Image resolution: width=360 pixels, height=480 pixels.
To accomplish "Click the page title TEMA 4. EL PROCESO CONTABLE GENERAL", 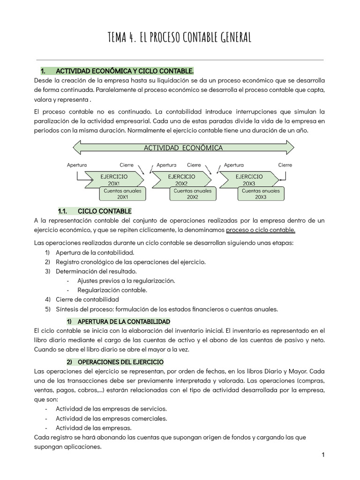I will (180, 37).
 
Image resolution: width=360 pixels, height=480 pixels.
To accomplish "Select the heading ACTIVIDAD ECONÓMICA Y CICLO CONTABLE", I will (124, 71).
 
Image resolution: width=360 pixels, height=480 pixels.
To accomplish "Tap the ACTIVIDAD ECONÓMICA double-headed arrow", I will (183, 148).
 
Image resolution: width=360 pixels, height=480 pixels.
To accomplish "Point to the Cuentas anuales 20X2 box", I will (192, 194).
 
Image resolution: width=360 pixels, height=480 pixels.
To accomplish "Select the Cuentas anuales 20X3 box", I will (261, 194).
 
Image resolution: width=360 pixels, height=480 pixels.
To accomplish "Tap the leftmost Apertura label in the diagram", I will (77, 165).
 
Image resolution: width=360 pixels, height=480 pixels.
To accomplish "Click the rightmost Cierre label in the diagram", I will (285, 165).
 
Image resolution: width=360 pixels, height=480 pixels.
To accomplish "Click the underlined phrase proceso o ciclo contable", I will (261, 230).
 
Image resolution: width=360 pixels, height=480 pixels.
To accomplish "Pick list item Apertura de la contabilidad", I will (89, 252).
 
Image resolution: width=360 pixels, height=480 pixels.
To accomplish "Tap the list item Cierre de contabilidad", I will (87, 299).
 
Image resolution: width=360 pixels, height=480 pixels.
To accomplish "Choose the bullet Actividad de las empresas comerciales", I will (111, 418).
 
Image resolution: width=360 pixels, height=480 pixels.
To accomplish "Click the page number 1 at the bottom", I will (323, 455).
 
